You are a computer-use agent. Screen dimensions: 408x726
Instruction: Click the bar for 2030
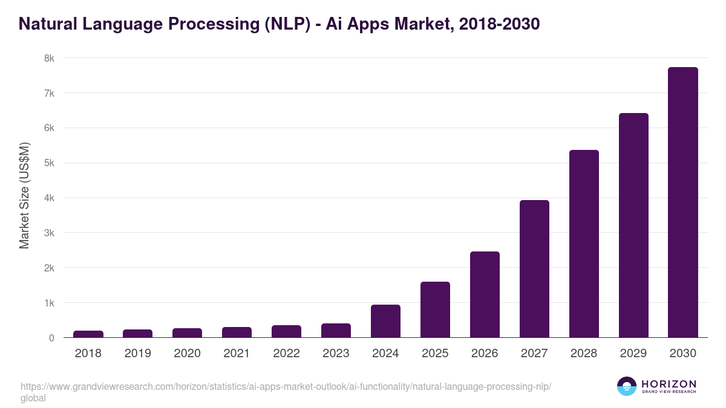coord(683,202)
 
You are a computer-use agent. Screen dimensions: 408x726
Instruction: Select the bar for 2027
coord(534,269)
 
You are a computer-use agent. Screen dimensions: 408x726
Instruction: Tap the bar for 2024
coord(385,321)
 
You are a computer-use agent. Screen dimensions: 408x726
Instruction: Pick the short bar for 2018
coord(88,334)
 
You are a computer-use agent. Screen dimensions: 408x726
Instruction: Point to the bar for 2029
coord(633,225)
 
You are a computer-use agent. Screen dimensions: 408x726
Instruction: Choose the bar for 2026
coord(485,294)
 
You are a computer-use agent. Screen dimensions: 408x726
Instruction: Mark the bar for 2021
coord(237,332)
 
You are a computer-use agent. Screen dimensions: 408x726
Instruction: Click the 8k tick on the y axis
coord(49,59)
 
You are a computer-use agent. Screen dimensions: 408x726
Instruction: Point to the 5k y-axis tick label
coord(49,163)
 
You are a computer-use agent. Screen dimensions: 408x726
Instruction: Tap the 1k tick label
coord(49,303)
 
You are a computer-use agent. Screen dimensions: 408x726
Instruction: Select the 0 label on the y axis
coord(51,338)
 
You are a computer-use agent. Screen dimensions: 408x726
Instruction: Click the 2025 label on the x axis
coord(435,354)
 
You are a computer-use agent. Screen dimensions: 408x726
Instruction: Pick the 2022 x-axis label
coord(286,354)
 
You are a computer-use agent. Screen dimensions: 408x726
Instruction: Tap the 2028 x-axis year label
coord(584,354)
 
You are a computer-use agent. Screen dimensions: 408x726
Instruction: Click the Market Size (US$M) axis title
coord(24,195)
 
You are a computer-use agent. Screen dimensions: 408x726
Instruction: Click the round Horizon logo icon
coord(626,386)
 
